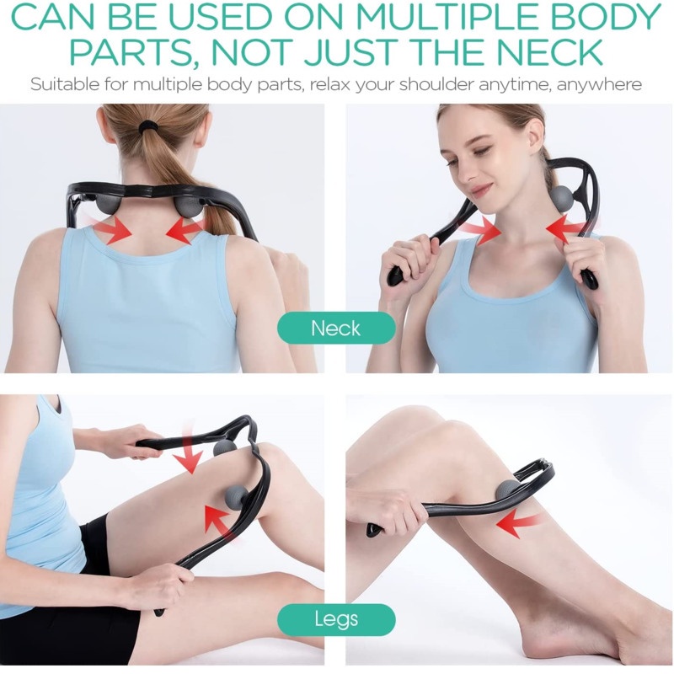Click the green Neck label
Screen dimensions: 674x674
coord(336,328)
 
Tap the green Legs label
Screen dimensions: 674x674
coord(336,619)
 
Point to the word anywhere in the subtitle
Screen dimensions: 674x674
coord(599,84)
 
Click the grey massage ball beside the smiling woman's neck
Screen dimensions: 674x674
coord(561,198)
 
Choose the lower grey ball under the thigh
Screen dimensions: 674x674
coord(236,498)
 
